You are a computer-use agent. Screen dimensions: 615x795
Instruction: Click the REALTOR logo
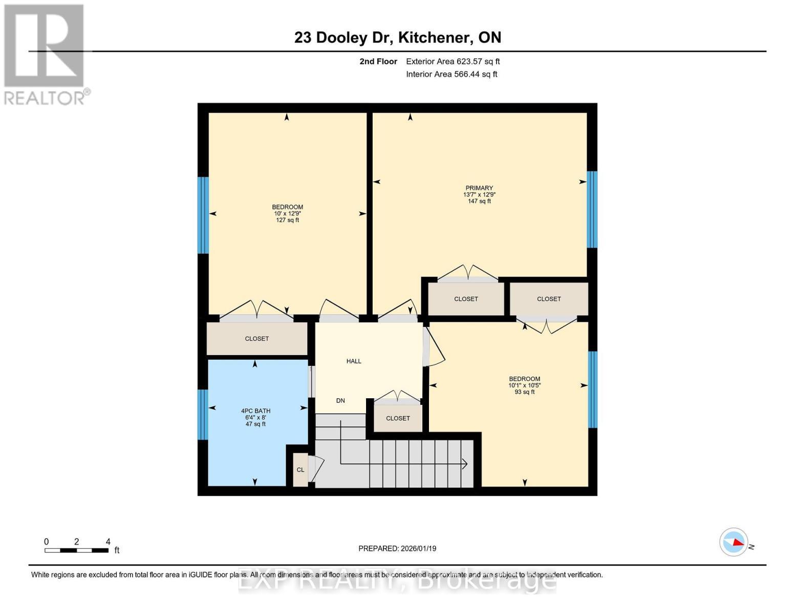(45, 54)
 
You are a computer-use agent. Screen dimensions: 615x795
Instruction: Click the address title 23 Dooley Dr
(397, 37)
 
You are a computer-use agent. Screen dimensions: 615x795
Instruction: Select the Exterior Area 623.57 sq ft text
(453, 61)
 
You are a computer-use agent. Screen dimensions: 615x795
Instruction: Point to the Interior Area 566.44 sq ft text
(452, 74)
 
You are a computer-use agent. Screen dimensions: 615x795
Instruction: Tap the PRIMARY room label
(479, 188)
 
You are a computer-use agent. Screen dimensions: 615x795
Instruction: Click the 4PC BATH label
(255, 411)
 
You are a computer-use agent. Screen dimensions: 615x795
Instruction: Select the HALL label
(354, 361)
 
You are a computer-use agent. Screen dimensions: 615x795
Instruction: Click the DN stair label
(340, 401)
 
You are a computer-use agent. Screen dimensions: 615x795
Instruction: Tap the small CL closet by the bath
(300, 470)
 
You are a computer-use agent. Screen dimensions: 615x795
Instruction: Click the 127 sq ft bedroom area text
(287, 220)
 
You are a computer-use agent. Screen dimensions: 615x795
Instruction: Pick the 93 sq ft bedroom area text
(524, 392)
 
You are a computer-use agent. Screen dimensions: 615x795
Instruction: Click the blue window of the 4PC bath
(203, 415)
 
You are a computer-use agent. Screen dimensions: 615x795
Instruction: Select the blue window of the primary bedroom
(592, 209)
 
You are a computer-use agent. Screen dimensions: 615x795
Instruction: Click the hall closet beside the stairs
(398, 418)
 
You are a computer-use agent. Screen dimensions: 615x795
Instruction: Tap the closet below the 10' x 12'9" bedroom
(256, 339)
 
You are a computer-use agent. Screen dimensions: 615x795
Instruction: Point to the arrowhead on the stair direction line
(465, 464)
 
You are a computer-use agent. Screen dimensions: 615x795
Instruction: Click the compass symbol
(734, 542)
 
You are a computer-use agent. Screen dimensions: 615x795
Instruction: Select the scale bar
(76, 550)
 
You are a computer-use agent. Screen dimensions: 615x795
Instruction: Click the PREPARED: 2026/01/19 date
(397, 548)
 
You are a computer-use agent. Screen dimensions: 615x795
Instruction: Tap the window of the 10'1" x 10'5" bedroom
(592, 389)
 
